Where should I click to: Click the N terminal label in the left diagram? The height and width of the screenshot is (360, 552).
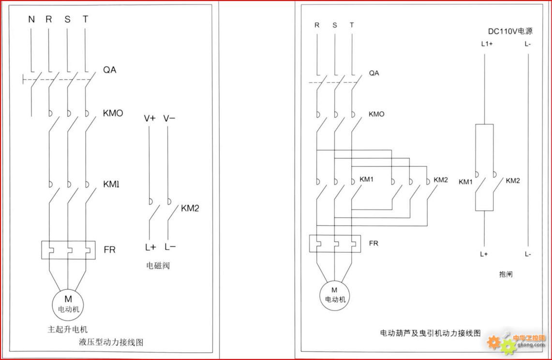coord(31,20)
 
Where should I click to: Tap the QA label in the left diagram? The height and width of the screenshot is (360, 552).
coord(110,70)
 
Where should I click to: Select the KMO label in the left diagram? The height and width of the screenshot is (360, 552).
coord(113,114)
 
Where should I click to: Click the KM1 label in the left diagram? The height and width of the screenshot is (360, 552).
coord(111,184)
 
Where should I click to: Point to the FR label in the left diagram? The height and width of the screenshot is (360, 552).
coord(110,250)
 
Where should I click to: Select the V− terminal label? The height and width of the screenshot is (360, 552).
coord(169,119)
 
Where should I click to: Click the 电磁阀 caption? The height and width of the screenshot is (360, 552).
coord(158,266)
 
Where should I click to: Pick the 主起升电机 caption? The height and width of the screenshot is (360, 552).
coord(67,330)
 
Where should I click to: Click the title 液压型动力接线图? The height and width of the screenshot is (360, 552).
coord(111,342)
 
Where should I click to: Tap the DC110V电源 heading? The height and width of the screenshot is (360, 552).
coord(509,31)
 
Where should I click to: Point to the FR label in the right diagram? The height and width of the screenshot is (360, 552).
coord(373,243)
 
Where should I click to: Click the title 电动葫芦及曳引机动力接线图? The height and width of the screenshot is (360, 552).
coord(430,333)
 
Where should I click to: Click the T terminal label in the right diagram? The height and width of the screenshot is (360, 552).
coord(352,25)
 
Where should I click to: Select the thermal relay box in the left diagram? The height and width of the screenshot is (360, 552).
coord(68,250)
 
